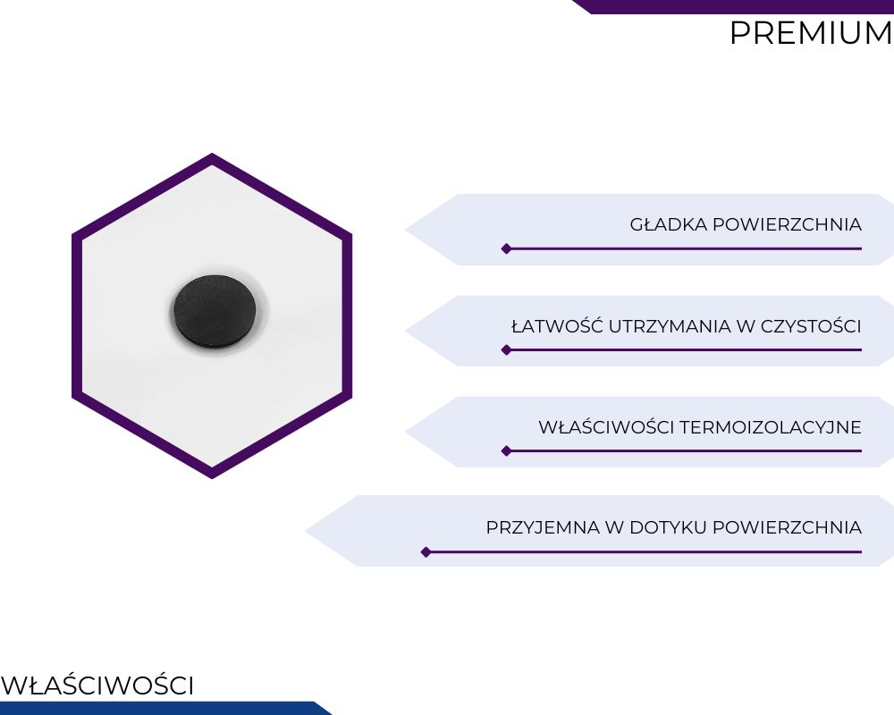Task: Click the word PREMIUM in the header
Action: click(x=812, y=33)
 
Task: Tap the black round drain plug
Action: click(x=215, y=310)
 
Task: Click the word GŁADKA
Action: click(x=668, y=224)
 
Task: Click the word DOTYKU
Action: click(x=668, y=527)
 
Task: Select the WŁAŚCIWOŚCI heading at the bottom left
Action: click(x=97, y=685)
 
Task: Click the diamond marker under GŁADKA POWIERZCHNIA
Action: click(x=506, y=248)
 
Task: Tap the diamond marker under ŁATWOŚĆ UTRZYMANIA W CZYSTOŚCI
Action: click(x=506, y=349)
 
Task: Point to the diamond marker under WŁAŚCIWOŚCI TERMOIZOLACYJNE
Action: click(x=506, y=451)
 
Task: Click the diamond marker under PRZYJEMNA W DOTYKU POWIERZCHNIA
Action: click(x=426, y=552)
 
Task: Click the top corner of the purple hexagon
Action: click(x=212, y=154)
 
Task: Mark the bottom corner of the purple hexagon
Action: click(x=212, y=478)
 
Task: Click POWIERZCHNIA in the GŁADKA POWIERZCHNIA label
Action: click(x=788, y=224)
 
